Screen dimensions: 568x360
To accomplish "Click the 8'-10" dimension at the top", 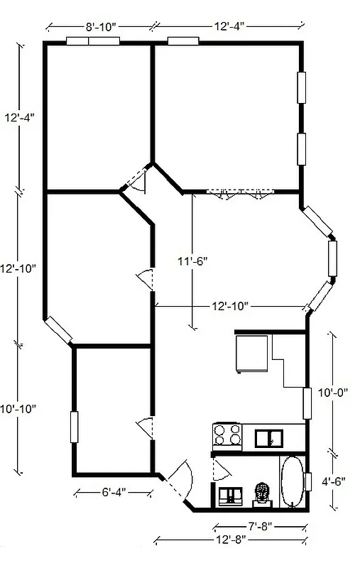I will pos(100,27).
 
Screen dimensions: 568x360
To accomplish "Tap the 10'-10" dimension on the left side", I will pos(18,410).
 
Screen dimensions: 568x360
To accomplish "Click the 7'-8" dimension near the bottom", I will pos(259,526).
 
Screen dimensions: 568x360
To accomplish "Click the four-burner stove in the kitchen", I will pos(228,435).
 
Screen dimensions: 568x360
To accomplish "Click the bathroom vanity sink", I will pos(230,496).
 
